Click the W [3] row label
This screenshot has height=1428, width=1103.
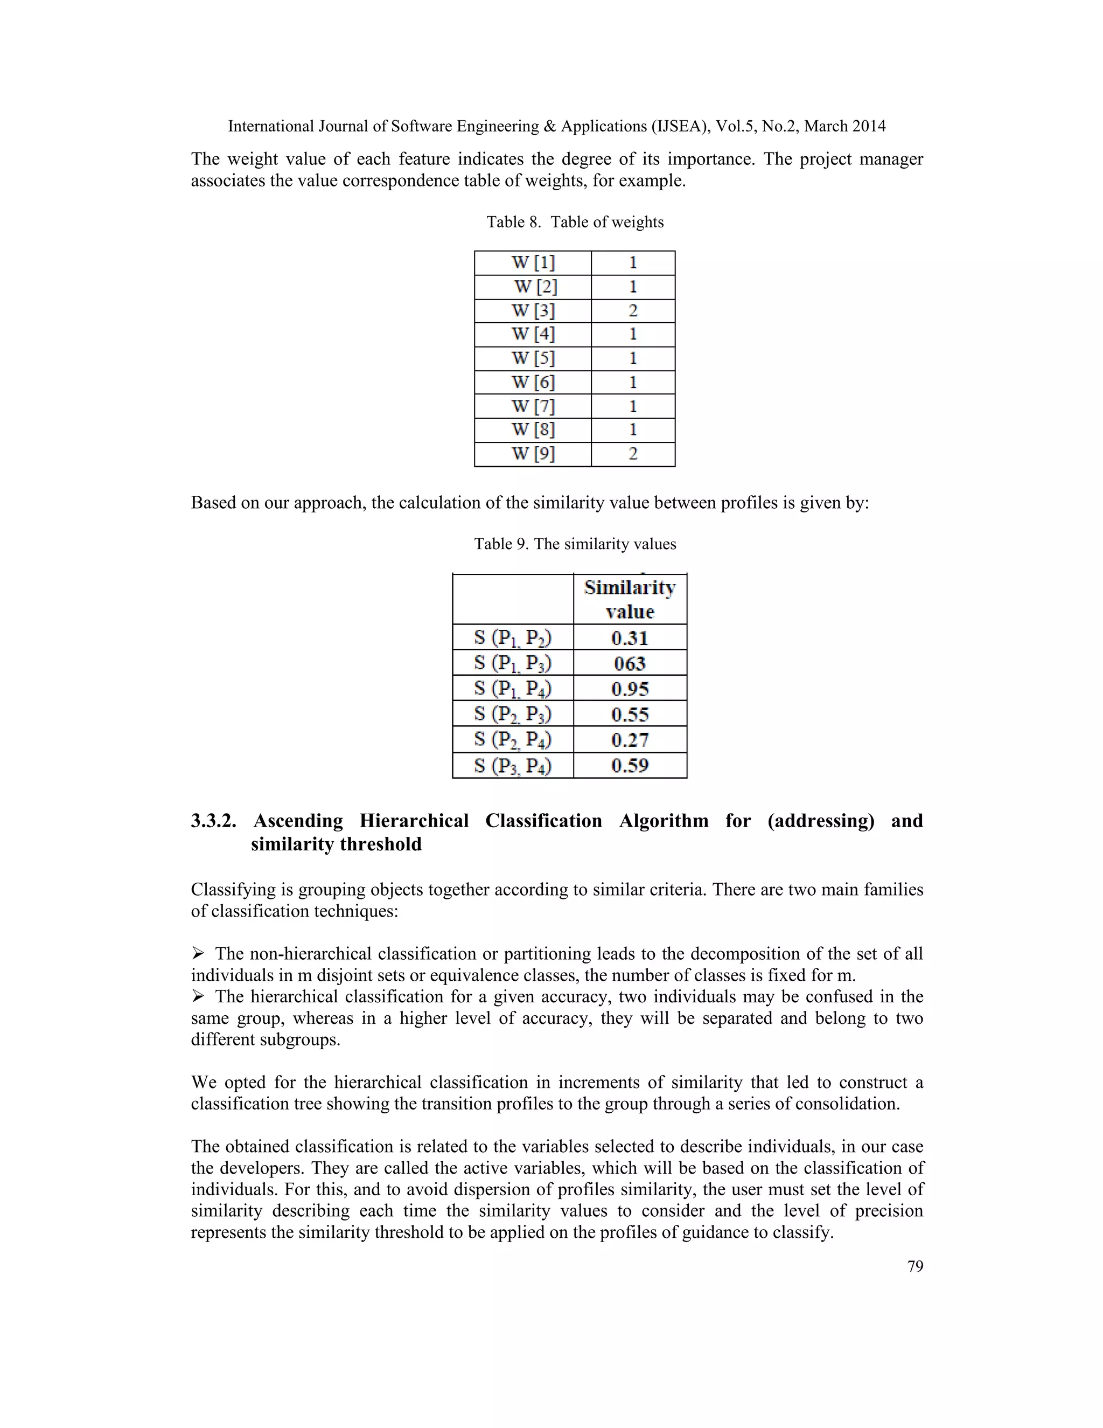coord(533,310)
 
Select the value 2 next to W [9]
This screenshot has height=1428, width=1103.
coord(632,454)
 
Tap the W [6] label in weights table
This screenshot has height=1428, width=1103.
coord(533,382)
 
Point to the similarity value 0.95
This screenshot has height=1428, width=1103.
coord(630,689)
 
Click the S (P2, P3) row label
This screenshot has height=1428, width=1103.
coord(513,714)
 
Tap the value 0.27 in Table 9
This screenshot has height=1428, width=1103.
coord(630,739)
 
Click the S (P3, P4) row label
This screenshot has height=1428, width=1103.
coord(513,765)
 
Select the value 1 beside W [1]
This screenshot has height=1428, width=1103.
coord(632,263)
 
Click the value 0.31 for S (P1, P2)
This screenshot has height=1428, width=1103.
coord(630,637)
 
